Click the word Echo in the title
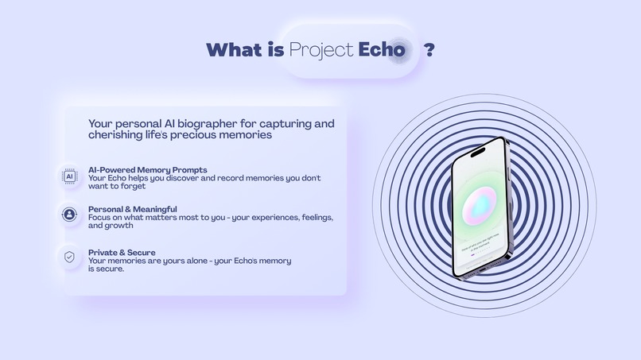pos(382,49)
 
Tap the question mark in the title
pos(429,49)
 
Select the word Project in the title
pos(321,49)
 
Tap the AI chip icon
pos(70,176)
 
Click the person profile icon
pos(70,214)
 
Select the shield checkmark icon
pos(70,257)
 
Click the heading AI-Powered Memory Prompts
pos(148,170)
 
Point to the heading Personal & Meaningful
pos(134,209)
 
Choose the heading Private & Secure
pos(122,253)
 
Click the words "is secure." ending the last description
pos(107,269)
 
